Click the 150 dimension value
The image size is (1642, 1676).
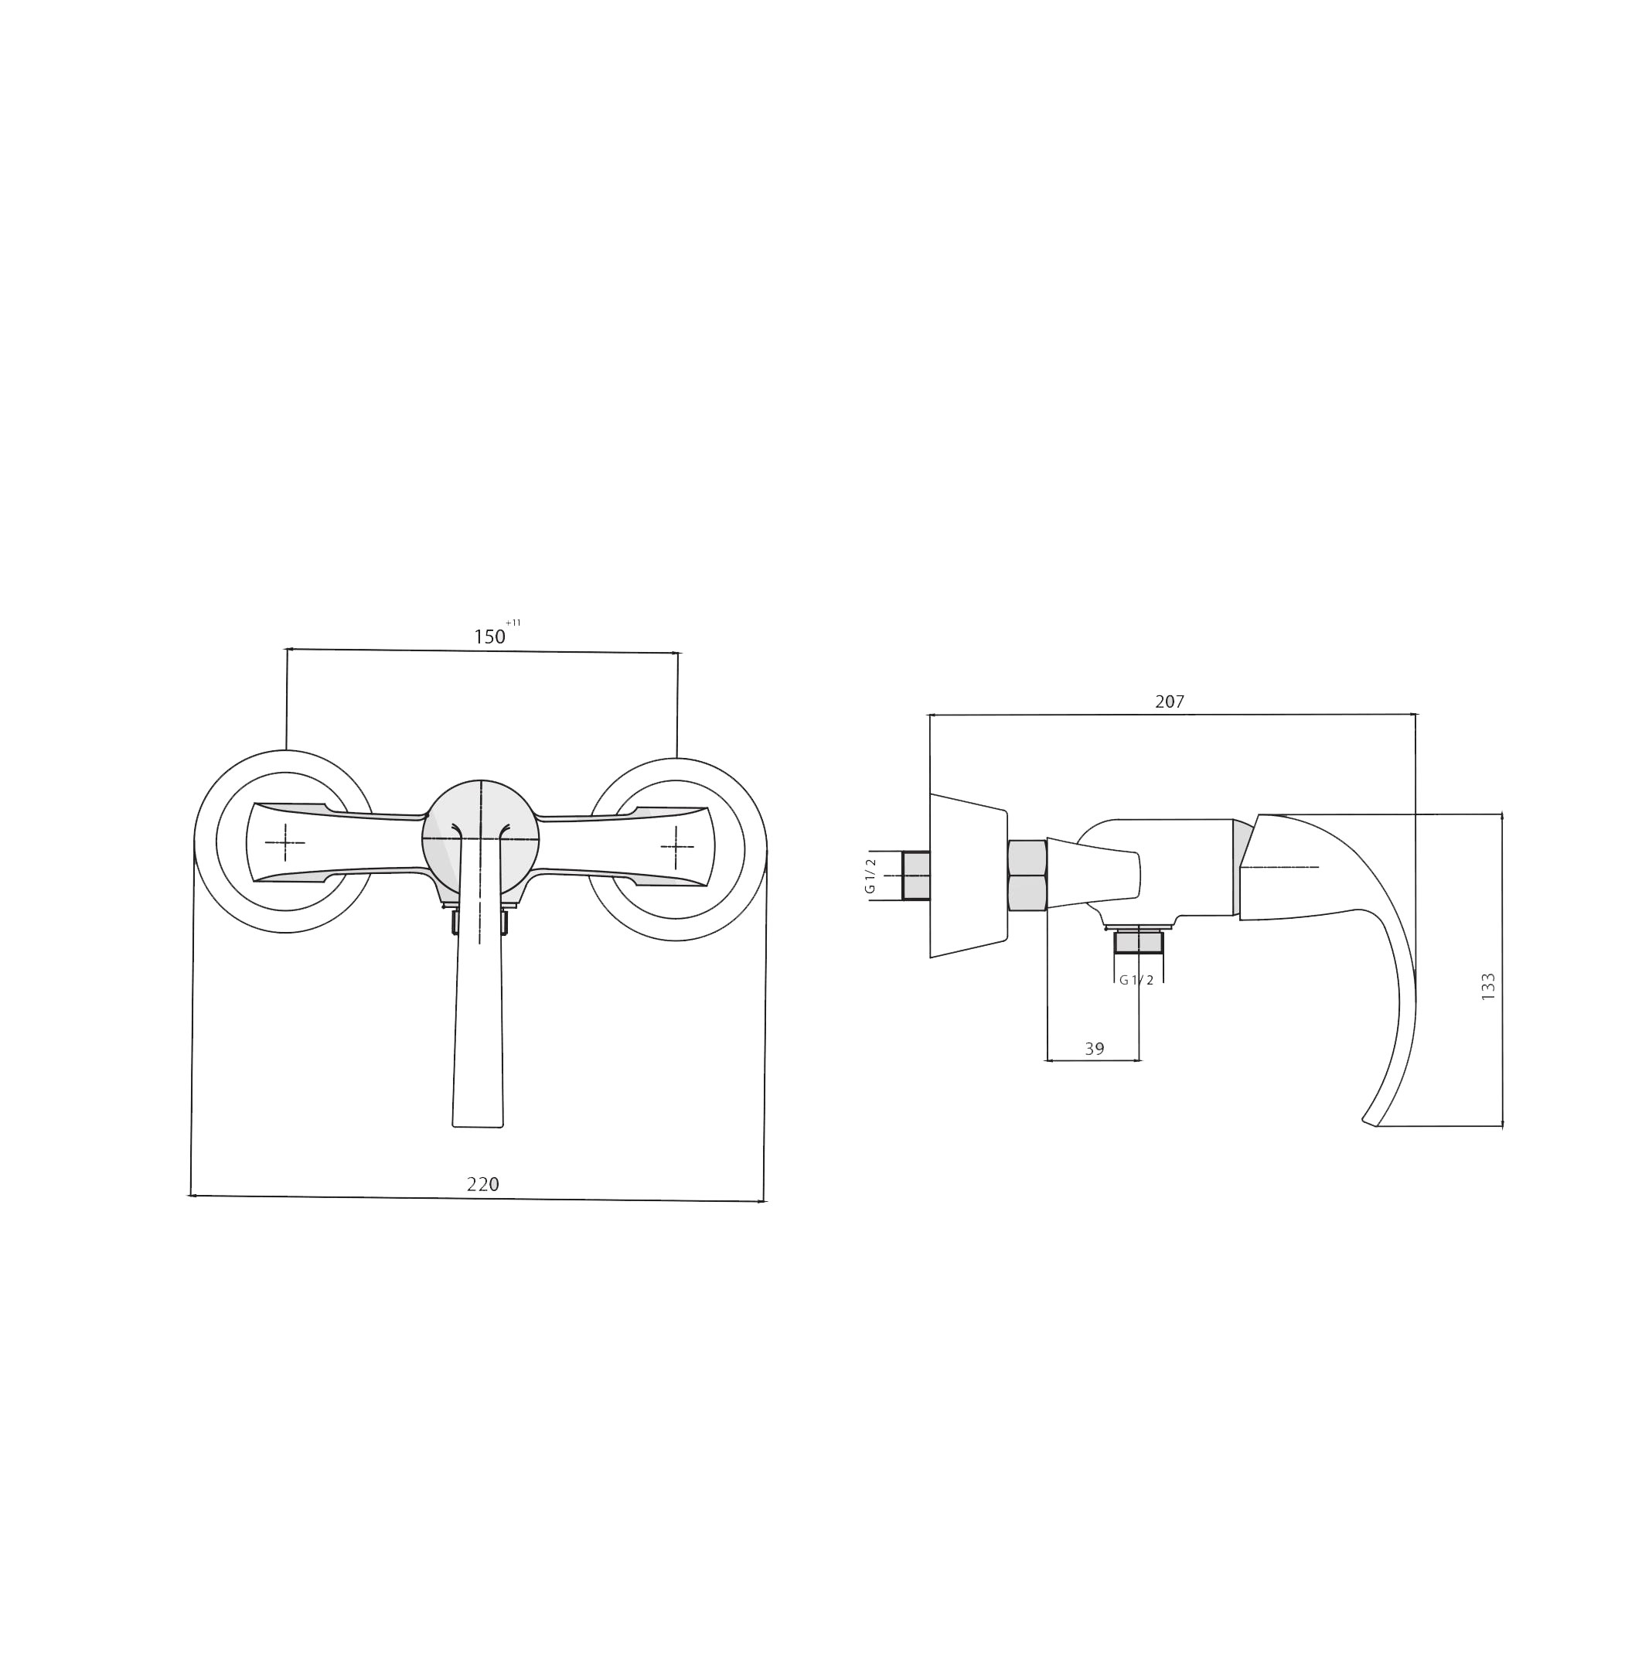click(x=489, y=637)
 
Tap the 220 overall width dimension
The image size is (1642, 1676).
click(x=483, y=1184)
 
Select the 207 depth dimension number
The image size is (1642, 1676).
click(x=1170, y=702)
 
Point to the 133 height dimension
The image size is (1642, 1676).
click(x=1487, y=986)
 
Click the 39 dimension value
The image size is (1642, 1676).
click(x=1095, y=1049)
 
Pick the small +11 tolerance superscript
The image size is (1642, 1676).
click(x=513, y=623)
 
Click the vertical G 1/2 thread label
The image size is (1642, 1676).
click(x=870, y=876)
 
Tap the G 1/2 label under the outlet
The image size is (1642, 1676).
click(x=1136, y=980)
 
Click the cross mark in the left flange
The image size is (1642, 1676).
click(x=284, y=842)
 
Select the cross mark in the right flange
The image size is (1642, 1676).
click(x=677, y=846)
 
